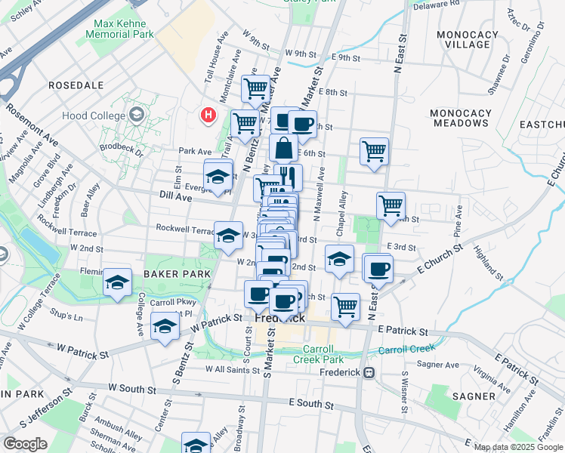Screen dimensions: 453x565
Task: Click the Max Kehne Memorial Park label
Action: pyautogui.click(x=123, y=29)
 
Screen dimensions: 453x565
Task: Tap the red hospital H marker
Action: pyautogui.click(x=207, y=116)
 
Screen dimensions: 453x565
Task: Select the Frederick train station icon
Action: pyautogui.click(x=369, y=372)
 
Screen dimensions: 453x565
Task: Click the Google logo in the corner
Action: pyautogui.click(x=26, y=444)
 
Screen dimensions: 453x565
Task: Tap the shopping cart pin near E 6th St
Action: pyautogui.click(x=374, y=151)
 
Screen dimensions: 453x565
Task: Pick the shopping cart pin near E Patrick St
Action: pyautogui.click(x=345, y=306)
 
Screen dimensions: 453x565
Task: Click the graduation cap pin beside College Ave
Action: pyautogui.click(x=117, y=282)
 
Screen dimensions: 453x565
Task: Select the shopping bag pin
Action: pyautogui.click(x=283, y=147)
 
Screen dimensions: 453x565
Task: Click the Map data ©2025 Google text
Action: pyautogui.click(x=517, y=447)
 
